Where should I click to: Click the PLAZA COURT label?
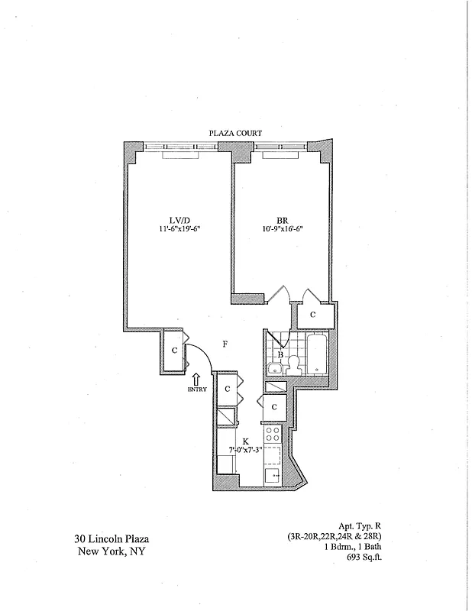pyautogui.click(x=236, y=133)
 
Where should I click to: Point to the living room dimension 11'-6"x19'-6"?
pyautogui.click(x=179, y=228)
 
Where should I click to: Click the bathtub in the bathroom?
pyautogui.click(x=315, y=354)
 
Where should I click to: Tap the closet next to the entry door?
pyautogui.click(x=175, y=351)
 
